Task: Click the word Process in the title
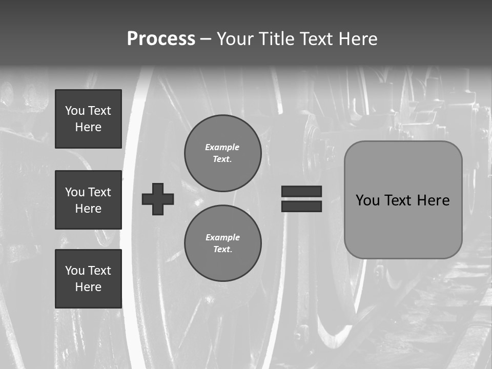[161, 39]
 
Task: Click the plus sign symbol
[158, 199]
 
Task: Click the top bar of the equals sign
[301, 191]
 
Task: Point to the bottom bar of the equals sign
[301, 206]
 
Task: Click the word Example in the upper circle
[222, 147]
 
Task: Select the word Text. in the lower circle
[222, 250]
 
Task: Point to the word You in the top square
[75, 111]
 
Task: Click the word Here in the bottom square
[88, 287]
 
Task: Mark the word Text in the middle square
[99, 192]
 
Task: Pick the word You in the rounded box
[367, 200]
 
